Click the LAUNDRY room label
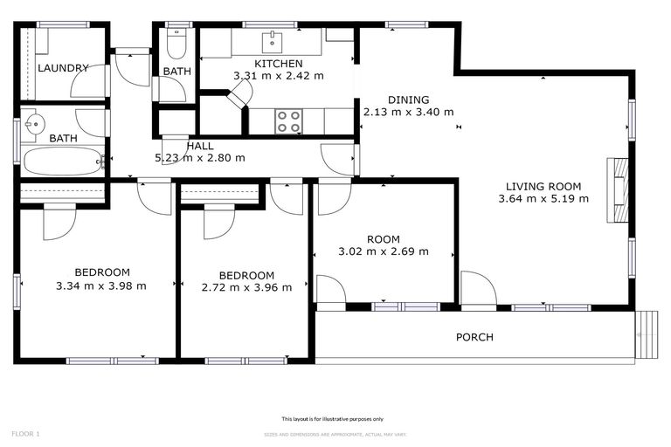click(62, 68)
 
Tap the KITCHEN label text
click(278, 64)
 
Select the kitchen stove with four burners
click(289, 121)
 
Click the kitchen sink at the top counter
click(273, 40)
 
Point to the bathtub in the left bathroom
click(62, 161)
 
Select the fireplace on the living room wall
click(618, 191)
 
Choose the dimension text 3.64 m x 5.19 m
click(543, 199)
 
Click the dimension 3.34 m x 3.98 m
click(100, 285)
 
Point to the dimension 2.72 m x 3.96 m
click(246, 287)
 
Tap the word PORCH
click(474, 337)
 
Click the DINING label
click(409, 100)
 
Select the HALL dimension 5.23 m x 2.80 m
click(199, 158)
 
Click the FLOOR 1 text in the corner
click(25, 433)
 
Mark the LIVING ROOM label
click(543, 186)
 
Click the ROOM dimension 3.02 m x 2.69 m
click(384, 251)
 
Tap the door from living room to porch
click(477, 290)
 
